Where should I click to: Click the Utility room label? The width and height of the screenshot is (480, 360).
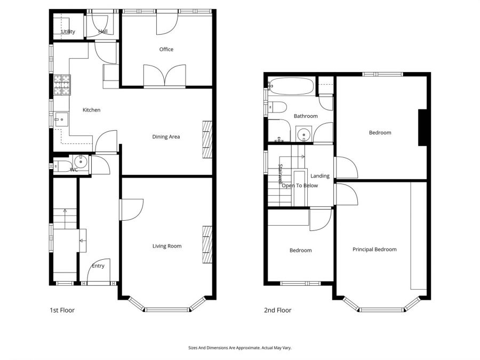pos(68,32)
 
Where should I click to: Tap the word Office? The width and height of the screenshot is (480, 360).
pos(166,50)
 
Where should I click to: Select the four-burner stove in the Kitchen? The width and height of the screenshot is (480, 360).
pos(61,85)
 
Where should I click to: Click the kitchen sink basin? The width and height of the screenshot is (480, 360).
pos(60,118)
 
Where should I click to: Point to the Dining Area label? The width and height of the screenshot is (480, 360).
pos(166,137)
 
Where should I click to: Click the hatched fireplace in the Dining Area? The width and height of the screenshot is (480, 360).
pos(207,139)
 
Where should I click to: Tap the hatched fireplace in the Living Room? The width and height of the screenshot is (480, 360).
pos(207,244)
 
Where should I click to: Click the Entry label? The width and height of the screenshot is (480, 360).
pos(98,266)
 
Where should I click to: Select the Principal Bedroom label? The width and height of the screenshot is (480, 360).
pos(374,250)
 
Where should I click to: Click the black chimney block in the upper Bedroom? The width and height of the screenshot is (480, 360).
pos(423,127)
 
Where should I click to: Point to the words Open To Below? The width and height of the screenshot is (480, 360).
pos(300,186)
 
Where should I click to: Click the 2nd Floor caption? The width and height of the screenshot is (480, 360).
pos(278,310)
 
